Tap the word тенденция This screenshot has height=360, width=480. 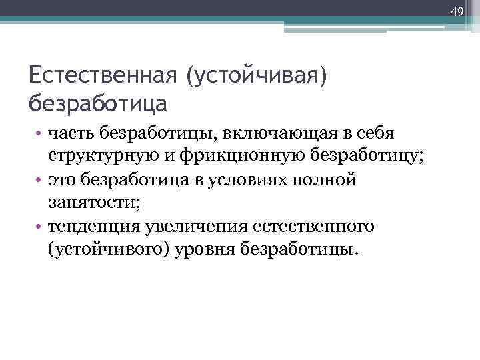pos(93,227)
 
